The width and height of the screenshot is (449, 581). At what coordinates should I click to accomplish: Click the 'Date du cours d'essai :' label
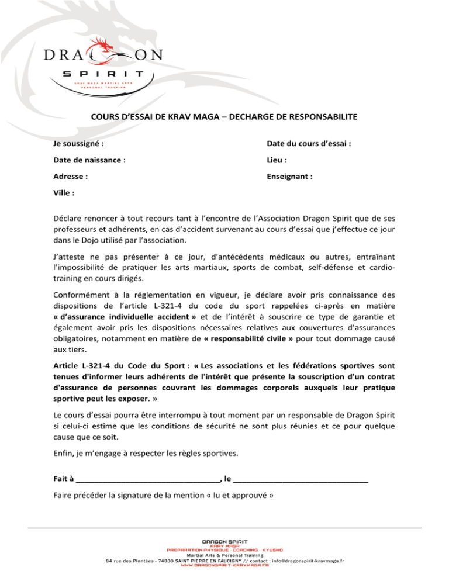[309, 143]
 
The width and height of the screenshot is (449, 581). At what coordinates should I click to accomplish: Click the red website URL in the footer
[224, 566]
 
